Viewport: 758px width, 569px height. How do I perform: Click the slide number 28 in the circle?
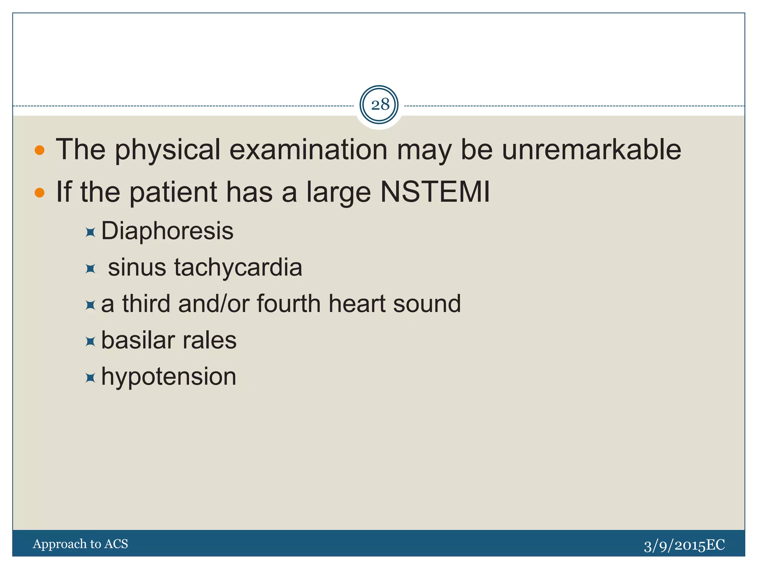click(379, 105)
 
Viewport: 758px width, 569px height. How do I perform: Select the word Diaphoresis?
click(167, 231)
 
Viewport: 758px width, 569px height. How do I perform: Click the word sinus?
click(137, 267)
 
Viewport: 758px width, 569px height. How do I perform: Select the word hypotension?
click(168, 377)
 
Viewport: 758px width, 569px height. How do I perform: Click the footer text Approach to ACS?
click(80, 544)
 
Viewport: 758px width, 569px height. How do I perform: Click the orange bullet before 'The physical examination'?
click(40, 150)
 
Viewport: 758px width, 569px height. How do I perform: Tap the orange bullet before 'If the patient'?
click(40, 193)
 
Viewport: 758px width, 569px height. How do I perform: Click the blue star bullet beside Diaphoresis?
click(90, 232)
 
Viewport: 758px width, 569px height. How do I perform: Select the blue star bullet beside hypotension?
click(90, 378)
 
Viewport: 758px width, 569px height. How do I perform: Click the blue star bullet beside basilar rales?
click(90, 341)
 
